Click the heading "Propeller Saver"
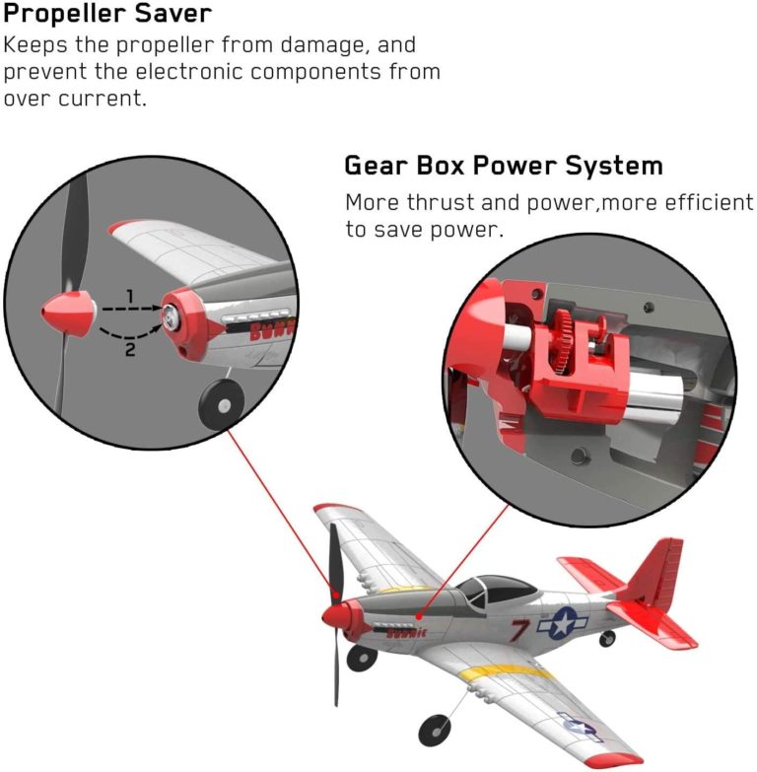[x=107, y=15]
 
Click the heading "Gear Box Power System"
[x=503, y=165]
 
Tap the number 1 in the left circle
[x=128, y=295]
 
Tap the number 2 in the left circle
[x=129, y=349]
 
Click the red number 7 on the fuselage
[x=520, y=630]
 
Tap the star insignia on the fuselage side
[x=559, y=623]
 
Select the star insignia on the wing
[x=579, y=726]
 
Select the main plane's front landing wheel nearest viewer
[x=432, y=731]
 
